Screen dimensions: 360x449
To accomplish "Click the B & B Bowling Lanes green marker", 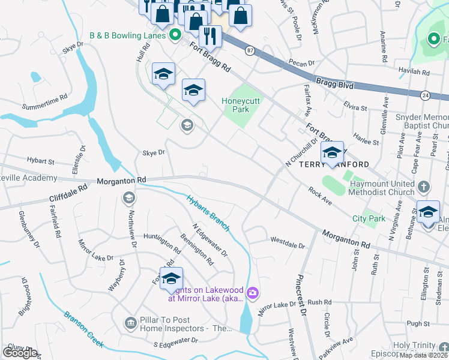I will click(x=175, y=35).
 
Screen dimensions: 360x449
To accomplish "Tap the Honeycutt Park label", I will click(x=241, y=105).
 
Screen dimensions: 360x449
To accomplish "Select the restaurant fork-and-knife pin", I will click(x=210, y=35).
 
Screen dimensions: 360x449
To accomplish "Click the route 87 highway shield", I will click(x=249, y=51).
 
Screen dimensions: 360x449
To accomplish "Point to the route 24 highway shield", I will click(x=424, y=95).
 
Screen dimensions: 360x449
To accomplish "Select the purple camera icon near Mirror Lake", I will click(x=253, y=292).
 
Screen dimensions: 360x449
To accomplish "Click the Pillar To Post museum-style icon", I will click(x=130, y=324).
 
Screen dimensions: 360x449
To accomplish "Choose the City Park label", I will click(x=369, y=219).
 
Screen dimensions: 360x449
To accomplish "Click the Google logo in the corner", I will click(x=20, y=352).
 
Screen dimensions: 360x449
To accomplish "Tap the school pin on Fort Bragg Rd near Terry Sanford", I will click(x=332, y=153).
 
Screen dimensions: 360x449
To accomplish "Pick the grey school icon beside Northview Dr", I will click(x=128, y=197).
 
